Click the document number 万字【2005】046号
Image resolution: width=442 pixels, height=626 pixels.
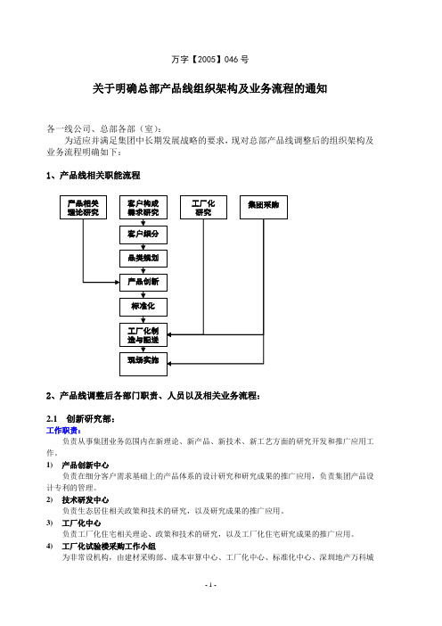click(x=209, y=60)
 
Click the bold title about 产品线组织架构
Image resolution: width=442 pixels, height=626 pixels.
click(x=209, y=88)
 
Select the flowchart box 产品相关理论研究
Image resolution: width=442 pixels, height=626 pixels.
click(x=83, y=207)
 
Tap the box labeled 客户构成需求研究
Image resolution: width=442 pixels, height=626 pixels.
click(x=143, y=207)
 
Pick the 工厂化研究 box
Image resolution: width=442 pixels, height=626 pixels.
click(x=203, y=207)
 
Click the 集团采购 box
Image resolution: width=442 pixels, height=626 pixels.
click(x=263, y=207)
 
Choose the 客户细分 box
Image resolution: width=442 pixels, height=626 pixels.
click(x=143, y=235)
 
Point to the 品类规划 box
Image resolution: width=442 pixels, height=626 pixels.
click(x=143, y=259)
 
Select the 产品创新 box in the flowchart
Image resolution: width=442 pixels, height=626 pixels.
click(x=143, y=283)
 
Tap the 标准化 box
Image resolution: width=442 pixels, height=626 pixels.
click(x=143, y=307)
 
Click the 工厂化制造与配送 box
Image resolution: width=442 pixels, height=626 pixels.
click(x=143, y=335)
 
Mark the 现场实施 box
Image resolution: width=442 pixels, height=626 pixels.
click(x=143, y=364)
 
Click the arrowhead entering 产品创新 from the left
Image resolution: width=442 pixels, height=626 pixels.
click(x=118, y=283)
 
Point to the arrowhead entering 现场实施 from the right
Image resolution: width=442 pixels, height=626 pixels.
click(x=169, y=364)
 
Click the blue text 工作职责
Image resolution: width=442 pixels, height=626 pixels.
click(x=64, y=431)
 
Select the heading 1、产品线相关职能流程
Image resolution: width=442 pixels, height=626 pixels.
click(x=94, y=176)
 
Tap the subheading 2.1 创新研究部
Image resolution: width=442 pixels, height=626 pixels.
click(x=80, y=419)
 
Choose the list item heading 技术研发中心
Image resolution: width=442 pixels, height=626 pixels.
click(x=85, y=500)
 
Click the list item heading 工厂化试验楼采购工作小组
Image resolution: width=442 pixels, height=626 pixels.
click(x=109, y=546)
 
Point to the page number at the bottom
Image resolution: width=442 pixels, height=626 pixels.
click(x=210, y=585)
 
